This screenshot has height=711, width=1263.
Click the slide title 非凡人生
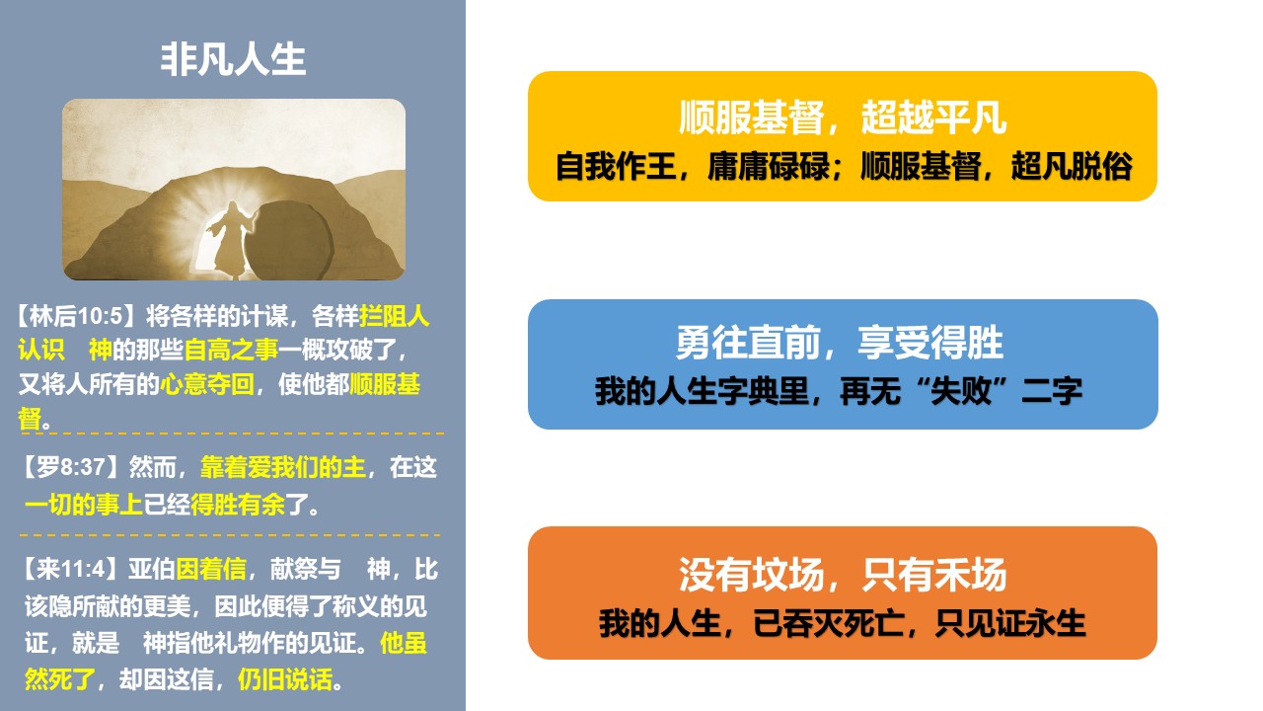click(x=233, y=59)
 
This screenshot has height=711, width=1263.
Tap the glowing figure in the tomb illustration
click(x=230, y=240)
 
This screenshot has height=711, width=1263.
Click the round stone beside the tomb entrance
click(x=290, y=240)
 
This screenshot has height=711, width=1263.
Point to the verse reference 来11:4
click(x=70, y=569)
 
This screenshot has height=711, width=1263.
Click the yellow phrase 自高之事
click(x=231, y=350)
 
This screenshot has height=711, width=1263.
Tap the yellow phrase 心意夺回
click(x=207, y=385)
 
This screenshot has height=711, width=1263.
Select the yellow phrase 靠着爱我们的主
click(x=283, y=467)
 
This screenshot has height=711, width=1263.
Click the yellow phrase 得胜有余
click(x=238, y=504)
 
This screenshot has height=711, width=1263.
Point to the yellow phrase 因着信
click(x=211, y=569)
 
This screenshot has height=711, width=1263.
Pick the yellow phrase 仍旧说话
click(x=285, y=678)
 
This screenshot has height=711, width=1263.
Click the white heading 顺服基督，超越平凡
click(x=843, y=118)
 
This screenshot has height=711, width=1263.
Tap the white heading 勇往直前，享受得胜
click(x=840, y=343)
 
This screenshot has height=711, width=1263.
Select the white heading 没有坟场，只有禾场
click(x=843, y=575)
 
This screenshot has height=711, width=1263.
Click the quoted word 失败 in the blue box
click(x=960, y=390)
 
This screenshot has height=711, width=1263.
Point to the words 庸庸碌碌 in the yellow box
click(x=768, y=167)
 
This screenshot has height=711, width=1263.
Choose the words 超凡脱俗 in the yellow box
click(x=1072, y=167)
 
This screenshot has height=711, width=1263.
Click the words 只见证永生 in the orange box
click(x=1009, y=623)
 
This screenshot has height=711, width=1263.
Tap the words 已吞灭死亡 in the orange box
click(x=828, y=623)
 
